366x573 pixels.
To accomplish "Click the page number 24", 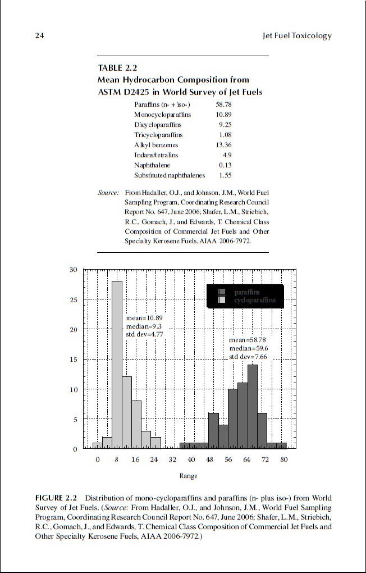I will tap(39, 36).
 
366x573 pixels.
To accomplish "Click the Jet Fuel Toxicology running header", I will tap(297, 36).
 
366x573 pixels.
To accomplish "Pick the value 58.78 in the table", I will tap(223, 105).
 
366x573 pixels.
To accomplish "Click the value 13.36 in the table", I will tap(223, 145).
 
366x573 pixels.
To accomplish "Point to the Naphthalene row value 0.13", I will tap(225, 165).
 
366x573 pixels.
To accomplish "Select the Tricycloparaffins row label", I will tap(158, 135).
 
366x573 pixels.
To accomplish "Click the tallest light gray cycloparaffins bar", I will tap(117, 365).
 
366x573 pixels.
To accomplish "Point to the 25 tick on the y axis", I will tap(74, 299).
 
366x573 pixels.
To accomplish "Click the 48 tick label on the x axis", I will tap(210, 460).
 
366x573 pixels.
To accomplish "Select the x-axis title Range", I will tap(188, 476).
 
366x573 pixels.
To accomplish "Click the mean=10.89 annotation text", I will tap(144, 317).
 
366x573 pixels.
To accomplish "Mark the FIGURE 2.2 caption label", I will tap(57, 498).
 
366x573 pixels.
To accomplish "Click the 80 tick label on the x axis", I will tap(285, 460).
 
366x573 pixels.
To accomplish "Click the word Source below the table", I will tap(108, 193).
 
